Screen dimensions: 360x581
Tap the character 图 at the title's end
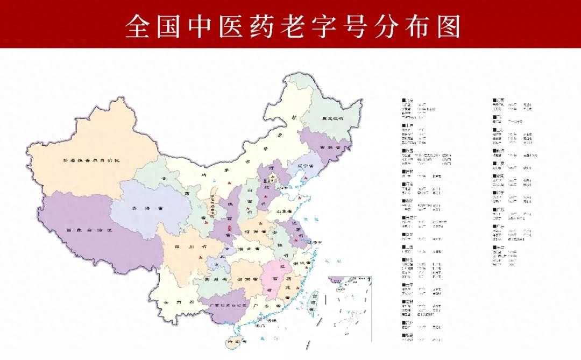[448, 26]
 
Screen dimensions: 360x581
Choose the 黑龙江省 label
[332, 119]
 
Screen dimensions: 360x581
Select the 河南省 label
[253, 231]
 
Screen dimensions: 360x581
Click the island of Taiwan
[312, 301]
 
